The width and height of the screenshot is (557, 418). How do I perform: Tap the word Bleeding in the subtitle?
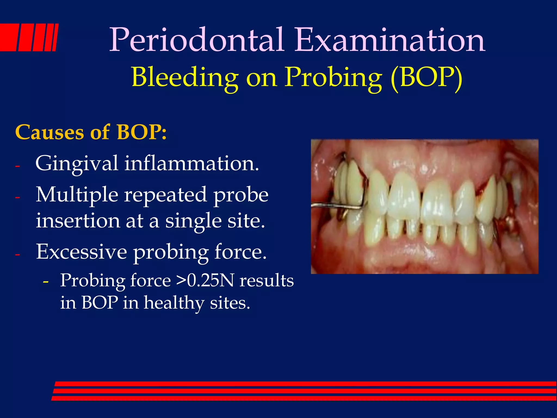185,77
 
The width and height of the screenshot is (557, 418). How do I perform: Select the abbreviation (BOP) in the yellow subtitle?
426,77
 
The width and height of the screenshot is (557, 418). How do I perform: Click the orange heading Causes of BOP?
91,132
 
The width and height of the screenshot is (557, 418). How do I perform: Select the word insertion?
78,220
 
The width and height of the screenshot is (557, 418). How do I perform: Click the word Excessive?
81,252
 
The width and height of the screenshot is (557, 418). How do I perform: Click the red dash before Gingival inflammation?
18,166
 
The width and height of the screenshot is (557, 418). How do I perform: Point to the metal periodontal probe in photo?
337,207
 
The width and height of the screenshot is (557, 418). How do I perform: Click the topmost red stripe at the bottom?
305,384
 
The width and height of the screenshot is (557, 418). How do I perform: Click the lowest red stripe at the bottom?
305,398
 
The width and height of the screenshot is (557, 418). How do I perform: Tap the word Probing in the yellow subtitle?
333,77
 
